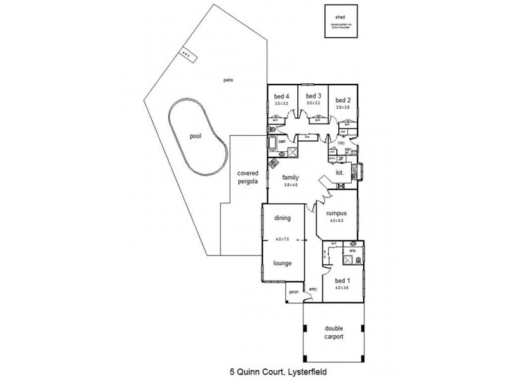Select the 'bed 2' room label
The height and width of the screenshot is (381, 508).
click(343, 100)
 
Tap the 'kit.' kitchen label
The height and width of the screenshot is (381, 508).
click(340, 172)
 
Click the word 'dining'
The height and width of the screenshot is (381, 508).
click(282, 218)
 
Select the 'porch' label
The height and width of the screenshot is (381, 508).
click(293, 291)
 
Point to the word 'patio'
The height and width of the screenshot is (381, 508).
click(228, 81)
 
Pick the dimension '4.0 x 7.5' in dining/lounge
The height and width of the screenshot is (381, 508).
click(282, 239)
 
